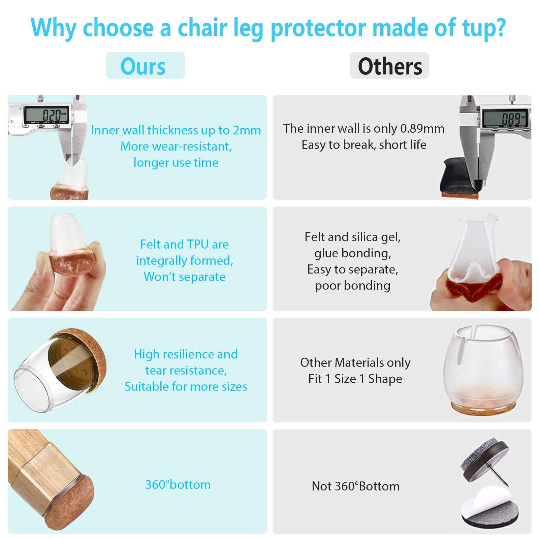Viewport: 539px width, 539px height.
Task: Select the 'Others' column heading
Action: (390, 66)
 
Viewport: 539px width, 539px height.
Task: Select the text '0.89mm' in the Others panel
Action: (422, 129)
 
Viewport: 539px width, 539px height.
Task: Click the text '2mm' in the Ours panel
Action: (247, 130)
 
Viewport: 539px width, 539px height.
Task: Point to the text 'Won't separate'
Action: (185, 277)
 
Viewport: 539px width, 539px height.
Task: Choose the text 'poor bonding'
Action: (352, 286)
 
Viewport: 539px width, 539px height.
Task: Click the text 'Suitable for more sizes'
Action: (186, 386)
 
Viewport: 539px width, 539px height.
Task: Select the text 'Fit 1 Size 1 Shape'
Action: (355, 379)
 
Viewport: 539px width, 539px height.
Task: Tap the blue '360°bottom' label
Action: (178, 484)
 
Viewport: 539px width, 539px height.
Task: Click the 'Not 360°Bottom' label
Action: (356, 486)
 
